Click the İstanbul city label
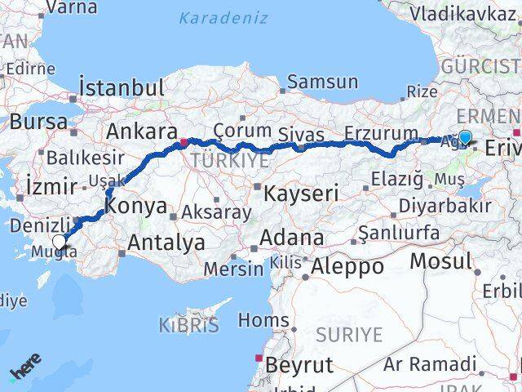[x=122, y=87]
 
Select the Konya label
[x=135, y=207]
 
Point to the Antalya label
[x=166, y=243]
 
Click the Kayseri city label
[x=300, y=194]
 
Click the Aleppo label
[x=347, y=266]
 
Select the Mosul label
[x=440, y=261]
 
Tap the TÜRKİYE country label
[x=218, y=161]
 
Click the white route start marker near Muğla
[x=60, y=241]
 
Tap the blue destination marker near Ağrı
[x=465, y=137]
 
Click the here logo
[x=24, y=372]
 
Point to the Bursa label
[x=39, y=122]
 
